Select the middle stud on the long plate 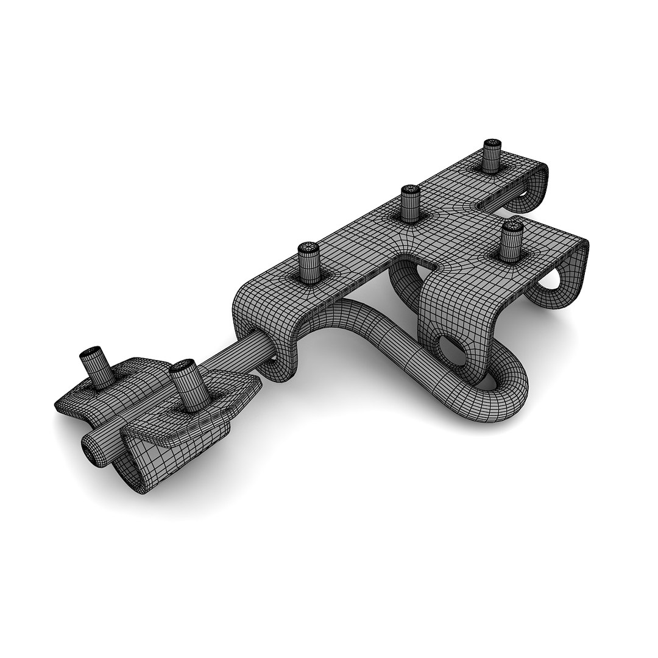click(x=411, y=203)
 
